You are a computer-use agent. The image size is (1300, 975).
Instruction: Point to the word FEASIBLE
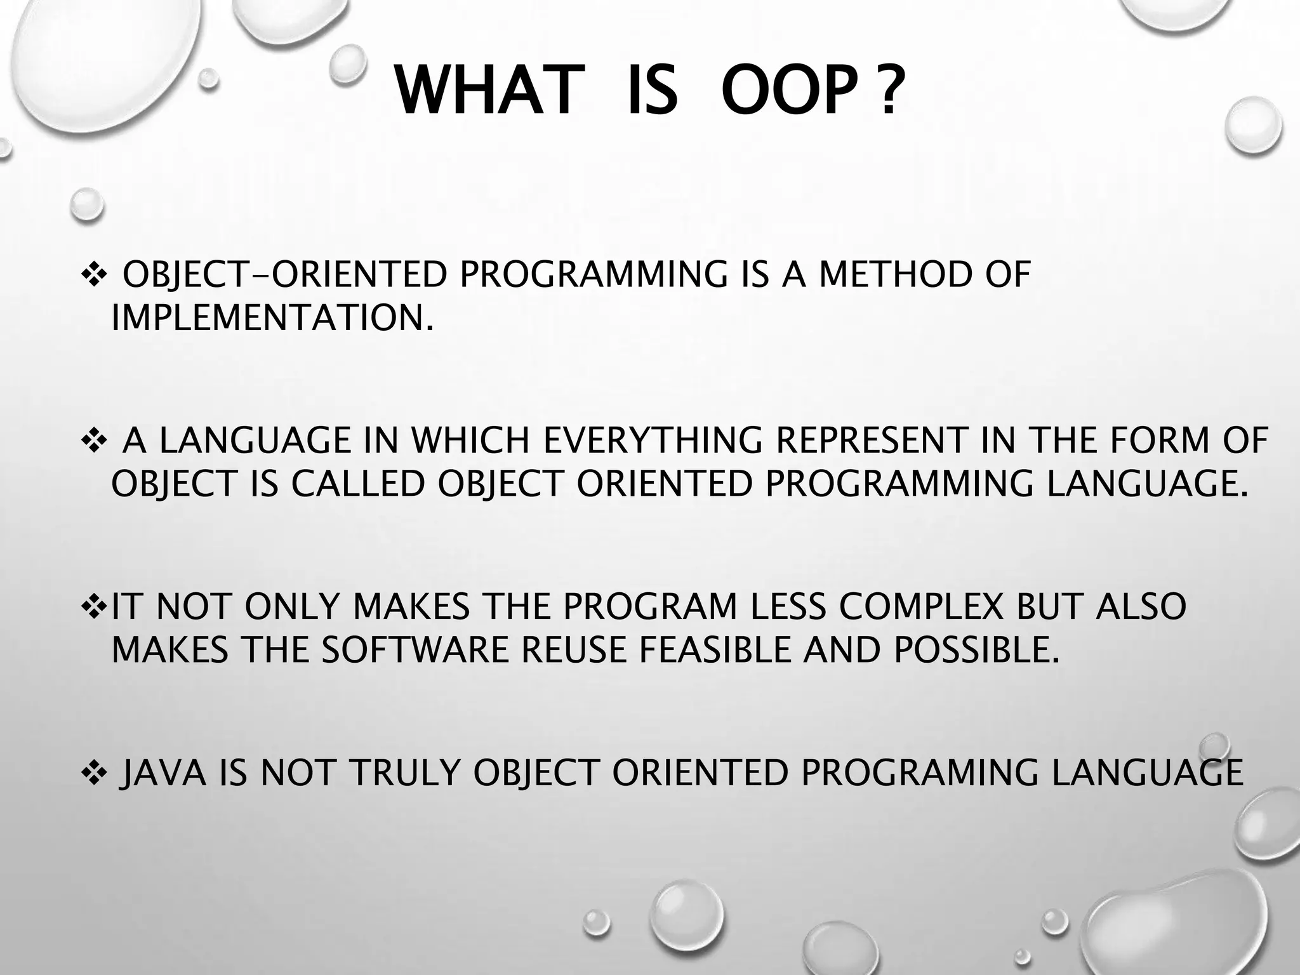point(714,649)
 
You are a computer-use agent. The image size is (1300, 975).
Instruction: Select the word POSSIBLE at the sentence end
point(977,649)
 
